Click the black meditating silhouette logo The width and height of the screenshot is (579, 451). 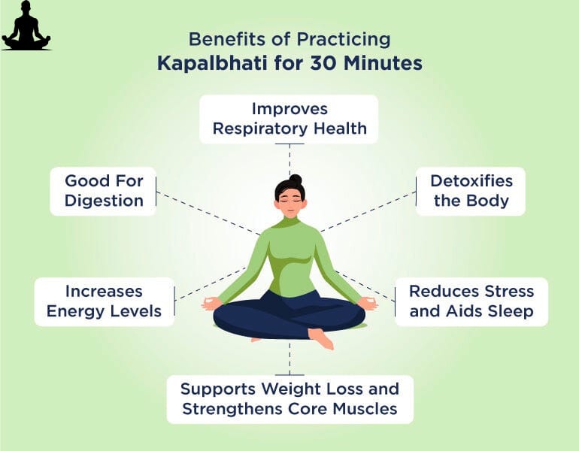(x=26, y=26)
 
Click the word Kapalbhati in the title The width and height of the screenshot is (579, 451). (x=212, y=63)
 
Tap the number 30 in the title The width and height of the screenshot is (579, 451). (x=323, y=63)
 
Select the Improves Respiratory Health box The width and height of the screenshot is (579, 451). (x=289, y=120)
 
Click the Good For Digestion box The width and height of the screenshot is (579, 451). (x=103, y=191)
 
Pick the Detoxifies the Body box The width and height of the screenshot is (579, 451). (x=471, y=191)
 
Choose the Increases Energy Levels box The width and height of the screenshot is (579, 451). (x=104, y=302)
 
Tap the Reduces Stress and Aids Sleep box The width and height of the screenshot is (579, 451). (x=471, y=302)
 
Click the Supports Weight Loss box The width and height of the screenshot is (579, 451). (x=289, y=399)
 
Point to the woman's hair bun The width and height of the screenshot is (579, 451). (x=296, y=180)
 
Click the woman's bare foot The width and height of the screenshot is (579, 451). (x=322, y=338)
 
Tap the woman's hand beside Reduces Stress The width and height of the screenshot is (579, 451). (x=368, y=304)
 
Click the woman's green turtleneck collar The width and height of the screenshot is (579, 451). (x=289, y=222)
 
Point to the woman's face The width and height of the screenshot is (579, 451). (x=290, y=202)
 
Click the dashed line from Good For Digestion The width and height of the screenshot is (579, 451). (x=208, y=213)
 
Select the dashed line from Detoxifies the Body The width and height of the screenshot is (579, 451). (x=368, y=212)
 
